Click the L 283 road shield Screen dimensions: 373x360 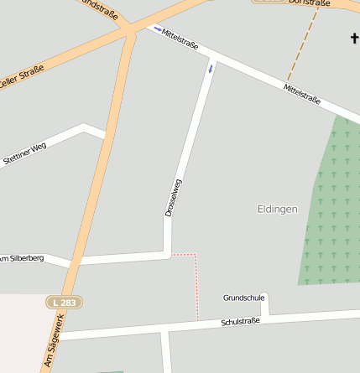click(65, 302)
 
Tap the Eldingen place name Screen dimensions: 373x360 click(277, 209)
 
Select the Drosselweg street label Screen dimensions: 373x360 click(172, 199)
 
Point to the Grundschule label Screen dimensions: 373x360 click(243, 298)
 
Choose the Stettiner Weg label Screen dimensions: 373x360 click(24, 153)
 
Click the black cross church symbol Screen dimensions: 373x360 click(355, 38)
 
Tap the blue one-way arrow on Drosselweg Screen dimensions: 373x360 click(210, 68)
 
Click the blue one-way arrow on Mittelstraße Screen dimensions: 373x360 click(157, 29)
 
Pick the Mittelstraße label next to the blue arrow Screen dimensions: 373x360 click(180, 39)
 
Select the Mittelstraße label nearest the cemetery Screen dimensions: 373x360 click(301, 94)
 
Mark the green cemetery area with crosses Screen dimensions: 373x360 click(331, 210)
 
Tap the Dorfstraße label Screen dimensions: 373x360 click(310, 3)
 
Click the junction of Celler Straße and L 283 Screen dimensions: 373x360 click(128, 34)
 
